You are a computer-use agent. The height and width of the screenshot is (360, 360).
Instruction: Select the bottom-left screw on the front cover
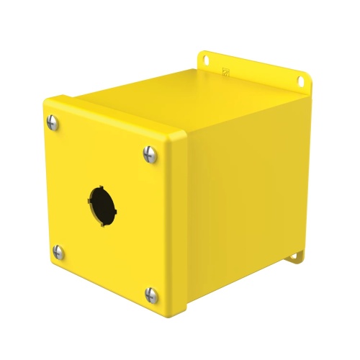click(x=57, y=251)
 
